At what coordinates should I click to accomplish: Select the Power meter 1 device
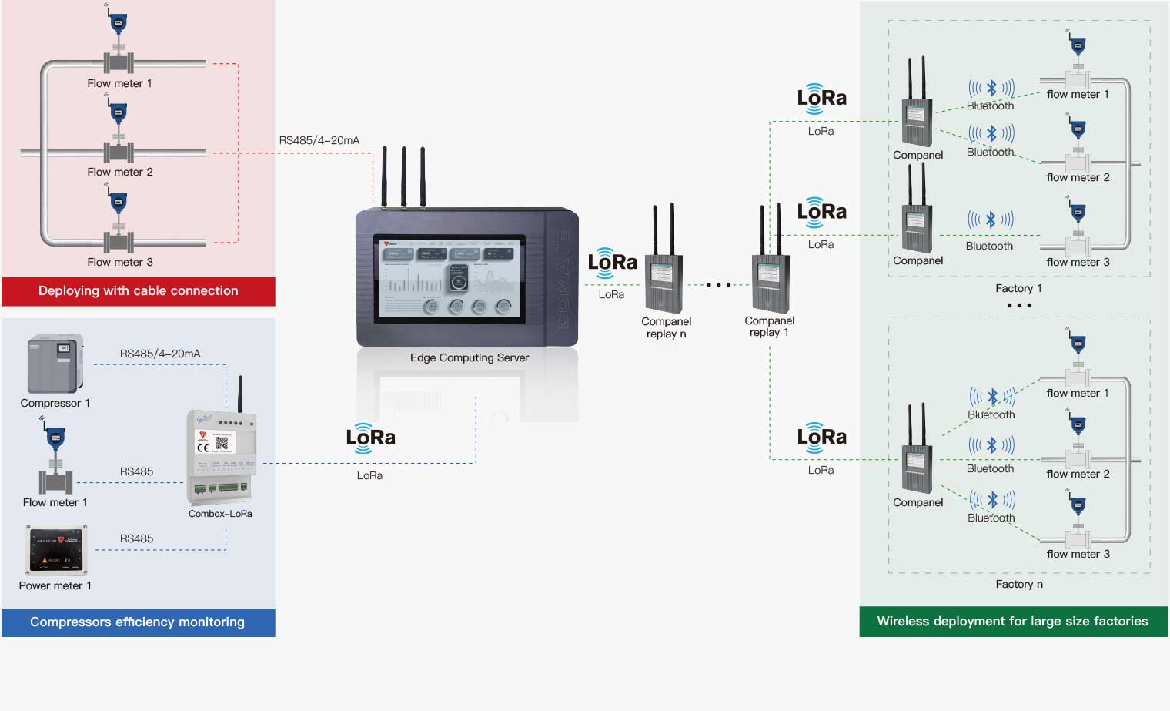pyautogui.click(x=57, y=550)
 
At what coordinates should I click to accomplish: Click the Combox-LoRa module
pyautogui.click(x=222, y=454)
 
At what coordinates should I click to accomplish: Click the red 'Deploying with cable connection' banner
pyautogui.click(x=139, y=291)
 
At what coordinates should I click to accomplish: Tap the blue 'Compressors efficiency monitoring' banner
pyautogui.click(x=138, y=622)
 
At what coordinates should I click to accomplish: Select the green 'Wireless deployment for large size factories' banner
pyautogui.click(x=1013, y=622)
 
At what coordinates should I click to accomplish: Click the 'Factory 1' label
pyautogui.click(x=1018, y=288)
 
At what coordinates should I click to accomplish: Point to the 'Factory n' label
pyautogui.click(x=1019, y=584)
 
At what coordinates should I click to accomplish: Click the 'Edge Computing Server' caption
pyautogui.click(x=470, y=357)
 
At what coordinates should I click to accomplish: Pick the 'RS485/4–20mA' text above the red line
pyautogui.click(x=319, y=140)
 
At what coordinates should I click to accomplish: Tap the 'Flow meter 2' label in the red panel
pyautogui.click(x=120, y=172)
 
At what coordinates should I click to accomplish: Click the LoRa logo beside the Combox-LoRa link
pyautogui.click(x=370, y=438)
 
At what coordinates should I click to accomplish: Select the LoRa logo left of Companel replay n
pyautogui.click(x=612, y=263)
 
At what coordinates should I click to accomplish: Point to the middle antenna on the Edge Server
pyautogui.click(x=403, y=177)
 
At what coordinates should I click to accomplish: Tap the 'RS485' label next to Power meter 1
pyautogui.click(x=136, y=538)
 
